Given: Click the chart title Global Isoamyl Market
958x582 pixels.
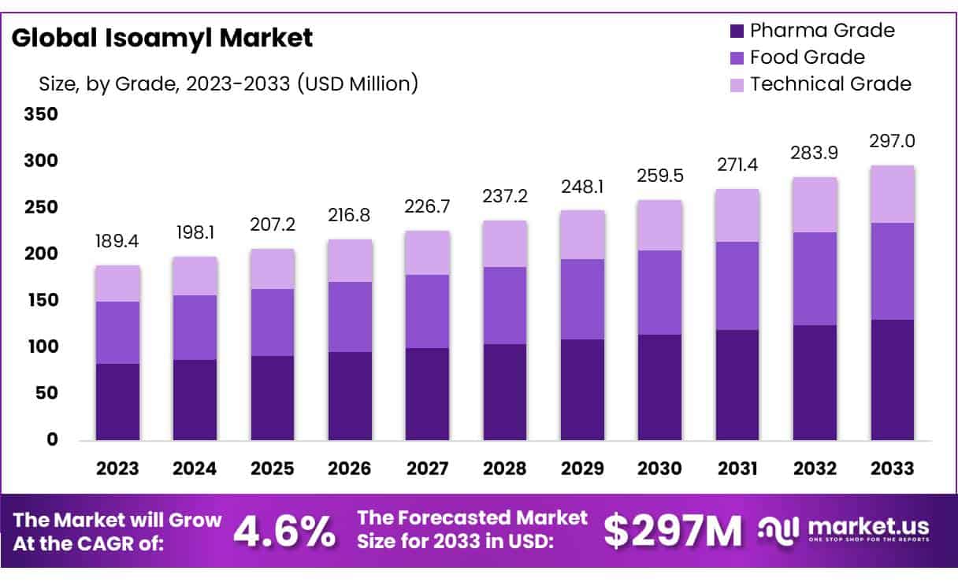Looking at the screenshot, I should pyautogui.click(x=162, y=38).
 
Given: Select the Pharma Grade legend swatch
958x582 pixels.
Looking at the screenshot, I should pyautogui.click(x=737, y=32).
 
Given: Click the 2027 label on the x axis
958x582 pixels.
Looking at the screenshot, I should pyautogui.click(x=427, y=469).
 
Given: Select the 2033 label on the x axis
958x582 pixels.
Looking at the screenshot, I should pyautogui.click(x=892, y=469).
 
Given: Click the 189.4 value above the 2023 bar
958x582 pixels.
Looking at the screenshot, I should pyautogui.click(x=117, y=239).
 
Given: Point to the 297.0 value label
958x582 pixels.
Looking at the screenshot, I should pyautogui.click(x=892, y=142).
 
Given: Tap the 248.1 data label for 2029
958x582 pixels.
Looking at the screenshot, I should pyautogui.click(x=582, y=188).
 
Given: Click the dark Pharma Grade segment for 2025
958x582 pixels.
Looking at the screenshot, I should pyautogui.click(x=273, y=398).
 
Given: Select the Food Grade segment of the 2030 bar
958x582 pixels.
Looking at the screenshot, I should pyautogui.click(x=659, y=292).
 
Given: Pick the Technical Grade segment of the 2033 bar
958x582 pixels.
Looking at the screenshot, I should pyautogui.click(x=892, y=195).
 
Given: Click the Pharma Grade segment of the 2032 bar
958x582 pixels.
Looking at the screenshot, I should pyautogui.click(x=815, y=383).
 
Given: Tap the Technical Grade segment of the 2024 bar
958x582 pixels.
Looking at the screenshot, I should pyautogui.click(x=195, y=276).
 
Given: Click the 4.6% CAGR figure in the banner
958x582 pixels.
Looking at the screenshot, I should pyautogui.click(x=284, y=532).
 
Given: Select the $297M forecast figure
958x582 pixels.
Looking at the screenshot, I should pyautogui.click(x=674, y=532).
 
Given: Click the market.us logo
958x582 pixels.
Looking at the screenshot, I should pyautogui.click(x=844, y=529).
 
